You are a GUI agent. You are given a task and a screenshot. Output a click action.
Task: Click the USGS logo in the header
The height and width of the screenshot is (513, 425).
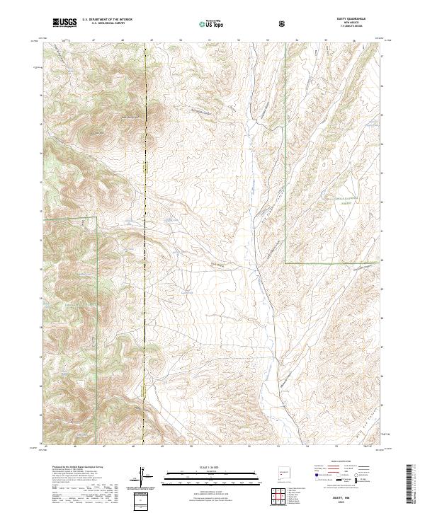pyautogui.click(x=65, y=23)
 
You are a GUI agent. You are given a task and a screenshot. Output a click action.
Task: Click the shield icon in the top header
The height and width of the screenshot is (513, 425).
pyautogui.click(x=282, y=23)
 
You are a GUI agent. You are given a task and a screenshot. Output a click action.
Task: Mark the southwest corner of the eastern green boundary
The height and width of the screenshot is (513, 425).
pyautogui.click(x=285, y=263)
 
